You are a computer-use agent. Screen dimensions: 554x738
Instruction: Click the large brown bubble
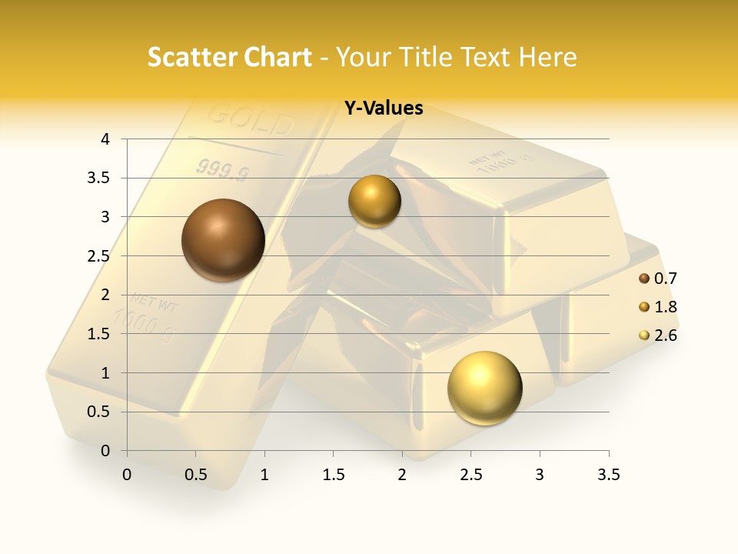(x=223, y=240)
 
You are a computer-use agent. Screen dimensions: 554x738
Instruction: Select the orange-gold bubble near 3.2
(x=374, y=202)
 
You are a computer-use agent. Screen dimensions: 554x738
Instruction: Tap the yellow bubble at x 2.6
(x=484, y=387)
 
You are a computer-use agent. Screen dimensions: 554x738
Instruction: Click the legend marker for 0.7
(x=644, y=279)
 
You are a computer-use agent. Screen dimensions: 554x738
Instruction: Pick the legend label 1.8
(x=665, y=307)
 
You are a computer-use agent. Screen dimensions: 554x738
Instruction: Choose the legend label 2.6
(x=665, y=335)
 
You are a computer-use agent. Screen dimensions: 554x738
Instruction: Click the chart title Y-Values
(x=383, y=108)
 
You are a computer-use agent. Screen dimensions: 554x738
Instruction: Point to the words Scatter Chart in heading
(x=229, y=57)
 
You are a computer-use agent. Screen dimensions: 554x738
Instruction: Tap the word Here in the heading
(x=547, y=57)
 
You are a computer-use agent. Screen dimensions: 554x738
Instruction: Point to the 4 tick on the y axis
(x=106, y=139)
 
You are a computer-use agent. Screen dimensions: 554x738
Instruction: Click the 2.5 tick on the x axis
(x=470, y=475)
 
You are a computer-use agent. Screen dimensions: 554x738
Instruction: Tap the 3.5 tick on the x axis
(x=608, y=475)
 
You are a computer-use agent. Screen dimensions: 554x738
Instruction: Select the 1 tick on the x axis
(x=264, y=475)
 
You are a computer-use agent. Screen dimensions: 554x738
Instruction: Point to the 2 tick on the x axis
(x=402, y=475)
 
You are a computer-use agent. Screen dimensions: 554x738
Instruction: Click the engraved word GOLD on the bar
(x=251, y=120)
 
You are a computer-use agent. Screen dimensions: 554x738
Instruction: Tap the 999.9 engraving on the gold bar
(x=223, y=169)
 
